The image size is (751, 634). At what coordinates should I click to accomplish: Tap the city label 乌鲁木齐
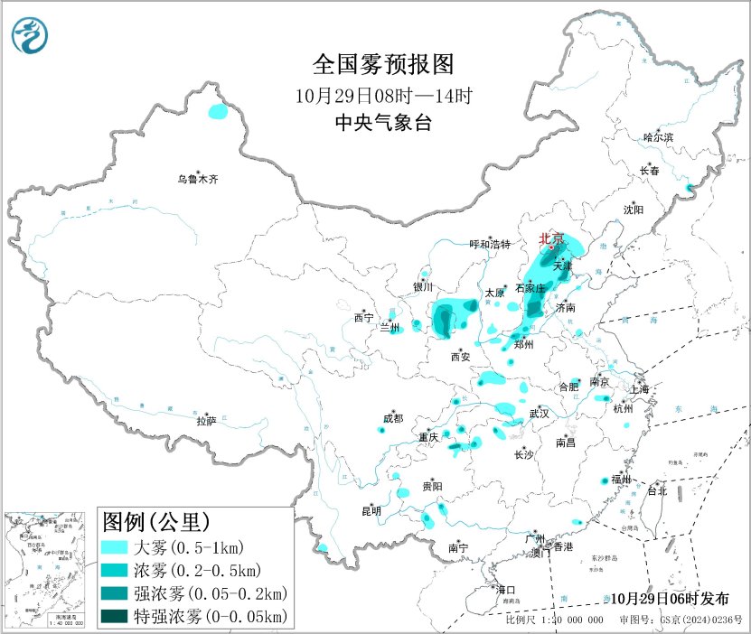(197, 180)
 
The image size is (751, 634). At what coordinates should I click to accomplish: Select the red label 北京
(551, 238)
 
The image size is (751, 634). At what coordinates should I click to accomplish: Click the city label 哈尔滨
(658, 137)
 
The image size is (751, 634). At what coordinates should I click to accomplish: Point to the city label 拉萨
(207, 421)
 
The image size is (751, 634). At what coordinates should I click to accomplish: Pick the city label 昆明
(371, 511)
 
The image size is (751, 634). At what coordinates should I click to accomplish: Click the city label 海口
(506, 590)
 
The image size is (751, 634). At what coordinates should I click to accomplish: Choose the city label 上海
(642, 389)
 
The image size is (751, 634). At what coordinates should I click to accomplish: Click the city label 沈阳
(633, 210)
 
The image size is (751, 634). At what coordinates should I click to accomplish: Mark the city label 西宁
(363, 318)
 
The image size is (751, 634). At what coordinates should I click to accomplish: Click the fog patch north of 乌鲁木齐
(218, 112)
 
